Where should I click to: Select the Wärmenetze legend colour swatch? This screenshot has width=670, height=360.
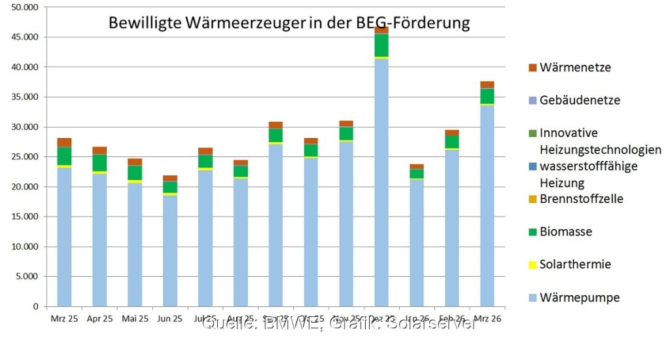(532, 67)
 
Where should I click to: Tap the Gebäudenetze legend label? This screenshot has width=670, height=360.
(580, 100)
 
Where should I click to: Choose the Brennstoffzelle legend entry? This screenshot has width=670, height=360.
(581, 198)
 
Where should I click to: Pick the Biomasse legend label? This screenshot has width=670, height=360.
(567, 231)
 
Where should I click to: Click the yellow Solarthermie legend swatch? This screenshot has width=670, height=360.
(532, 264)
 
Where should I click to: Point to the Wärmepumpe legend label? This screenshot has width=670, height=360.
(580, 298)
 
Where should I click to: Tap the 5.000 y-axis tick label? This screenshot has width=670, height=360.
(26, 276)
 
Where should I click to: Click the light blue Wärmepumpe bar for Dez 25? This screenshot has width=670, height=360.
(381, 183)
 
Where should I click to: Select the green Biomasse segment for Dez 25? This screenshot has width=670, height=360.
(381, 45)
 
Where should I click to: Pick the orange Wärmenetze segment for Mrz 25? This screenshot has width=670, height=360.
(63, 142)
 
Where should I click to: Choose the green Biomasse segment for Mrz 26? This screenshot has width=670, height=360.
(487, 96)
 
